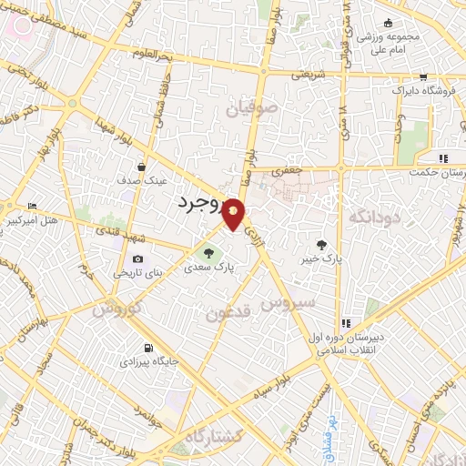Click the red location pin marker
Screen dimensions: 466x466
pyautogui.click(x=235, y=213)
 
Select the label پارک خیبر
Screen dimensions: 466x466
pyautogui.click(x=323, y=259)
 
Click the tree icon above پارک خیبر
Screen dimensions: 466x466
pyautogui.click(x=322, y=244)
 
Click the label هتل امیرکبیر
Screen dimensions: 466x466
pyautogui.click(x=31, y=220)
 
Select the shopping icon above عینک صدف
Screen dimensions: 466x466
pyautogui.click(x=143, y=167)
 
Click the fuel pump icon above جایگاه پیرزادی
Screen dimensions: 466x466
pyautogui.click(x=148, y=348)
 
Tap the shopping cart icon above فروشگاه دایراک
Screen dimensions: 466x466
pyautogui.click(x=423, y=77)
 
